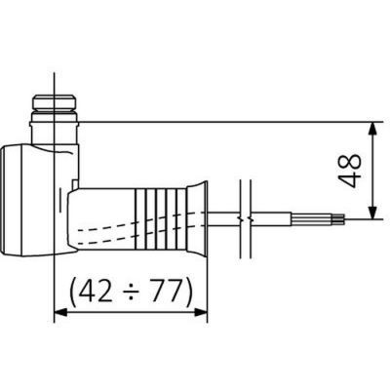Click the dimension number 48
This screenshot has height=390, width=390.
point(353,170)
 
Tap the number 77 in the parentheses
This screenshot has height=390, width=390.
point(163,290)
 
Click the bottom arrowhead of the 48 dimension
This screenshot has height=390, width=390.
point(372,214)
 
